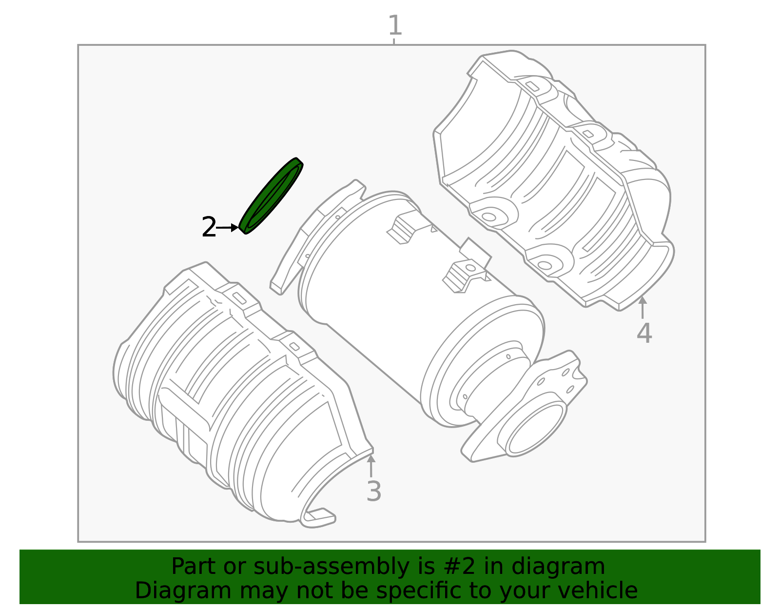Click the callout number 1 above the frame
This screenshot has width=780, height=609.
click(395, 25)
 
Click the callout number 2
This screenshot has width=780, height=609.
click(209, 227)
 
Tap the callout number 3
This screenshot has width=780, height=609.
click(373, 491)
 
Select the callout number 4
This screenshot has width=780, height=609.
click(644, 333)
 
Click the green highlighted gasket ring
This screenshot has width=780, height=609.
click(271, 196)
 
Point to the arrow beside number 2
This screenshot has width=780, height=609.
click(228, 228)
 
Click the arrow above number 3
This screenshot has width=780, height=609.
click(371, 466)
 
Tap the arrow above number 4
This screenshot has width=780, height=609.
click(643, 308)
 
